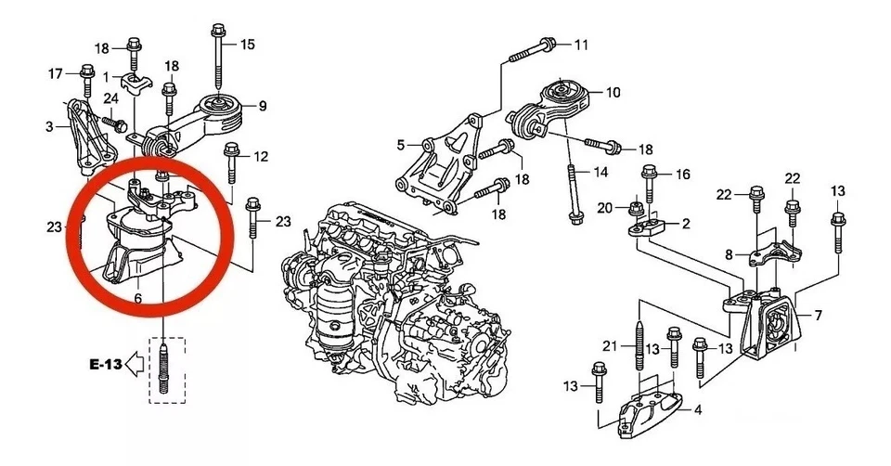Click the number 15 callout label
[x=247, y=44]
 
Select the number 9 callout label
[x=262, y=106]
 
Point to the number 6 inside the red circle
[x=137, y=299]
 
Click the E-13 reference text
[x=105, y=365]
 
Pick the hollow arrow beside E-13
[x=136, y=365]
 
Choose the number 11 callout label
[x=581, y=45]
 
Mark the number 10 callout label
[x=613, y=93]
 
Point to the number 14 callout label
[x=600, y=172]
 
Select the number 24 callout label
[x=110, y=98]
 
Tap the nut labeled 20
[x=635, y=207]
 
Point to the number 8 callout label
[x=730, y=253]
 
